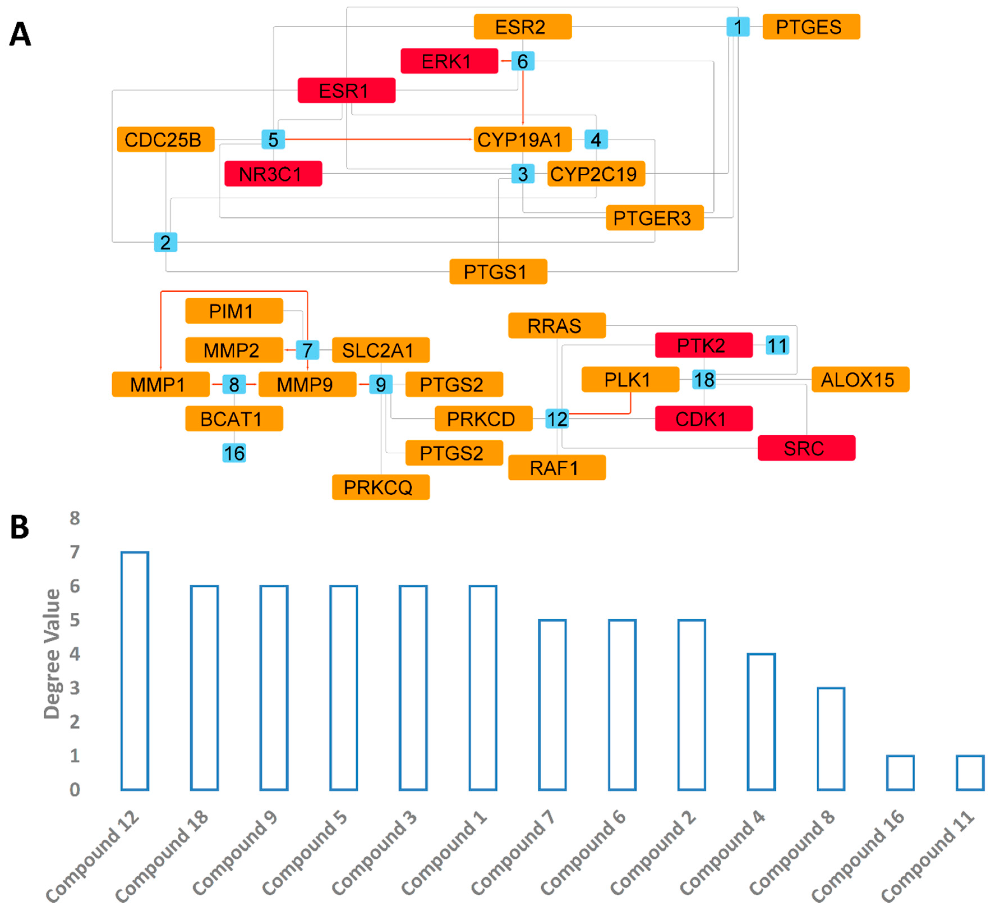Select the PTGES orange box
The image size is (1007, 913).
811,26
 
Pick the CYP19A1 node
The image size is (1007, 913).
523,139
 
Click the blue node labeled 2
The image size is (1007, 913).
165,242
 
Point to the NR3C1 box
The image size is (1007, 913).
273,174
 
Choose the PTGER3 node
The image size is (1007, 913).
654,218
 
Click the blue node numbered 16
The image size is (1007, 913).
234,453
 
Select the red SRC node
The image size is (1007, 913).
806,448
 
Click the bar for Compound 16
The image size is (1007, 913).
900,772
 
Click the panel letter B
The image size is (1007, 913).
20,527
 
